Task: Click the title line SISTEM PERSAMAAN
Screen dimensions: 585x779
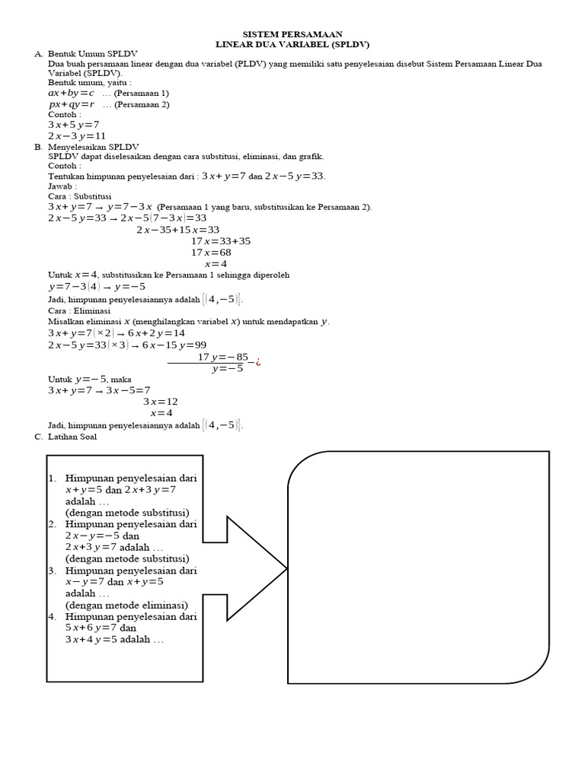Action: (292, 34)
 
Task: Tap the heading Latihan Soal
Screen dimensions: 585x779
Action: (72, 437)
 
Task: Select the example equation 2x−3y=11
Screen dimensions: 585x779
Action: (77, 136)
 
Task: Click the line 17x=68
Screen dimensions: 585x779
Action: (211, 252)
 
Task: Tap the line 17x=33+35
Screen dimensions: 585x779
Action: (221, 240)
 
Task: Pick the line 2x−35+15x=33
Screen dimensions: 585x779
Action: (178, 229)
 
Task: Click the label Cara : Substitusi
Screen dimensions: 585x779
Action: (80, 196)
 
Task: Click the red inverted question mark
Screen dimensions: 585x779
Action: (258, 361)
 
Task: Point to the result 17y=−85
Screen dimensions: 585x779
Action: (223, 357)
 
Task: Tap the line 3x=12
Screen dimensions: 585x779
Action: (161, 401)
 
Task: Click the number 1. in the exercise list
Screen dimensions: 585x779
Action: (53, 479)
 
